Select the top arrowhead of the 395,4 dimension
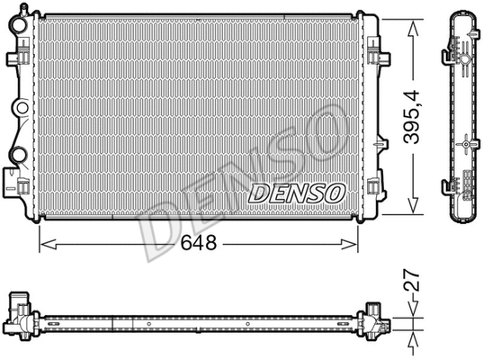coord(413,20)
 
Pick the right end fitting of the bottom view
coord(374,319)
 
